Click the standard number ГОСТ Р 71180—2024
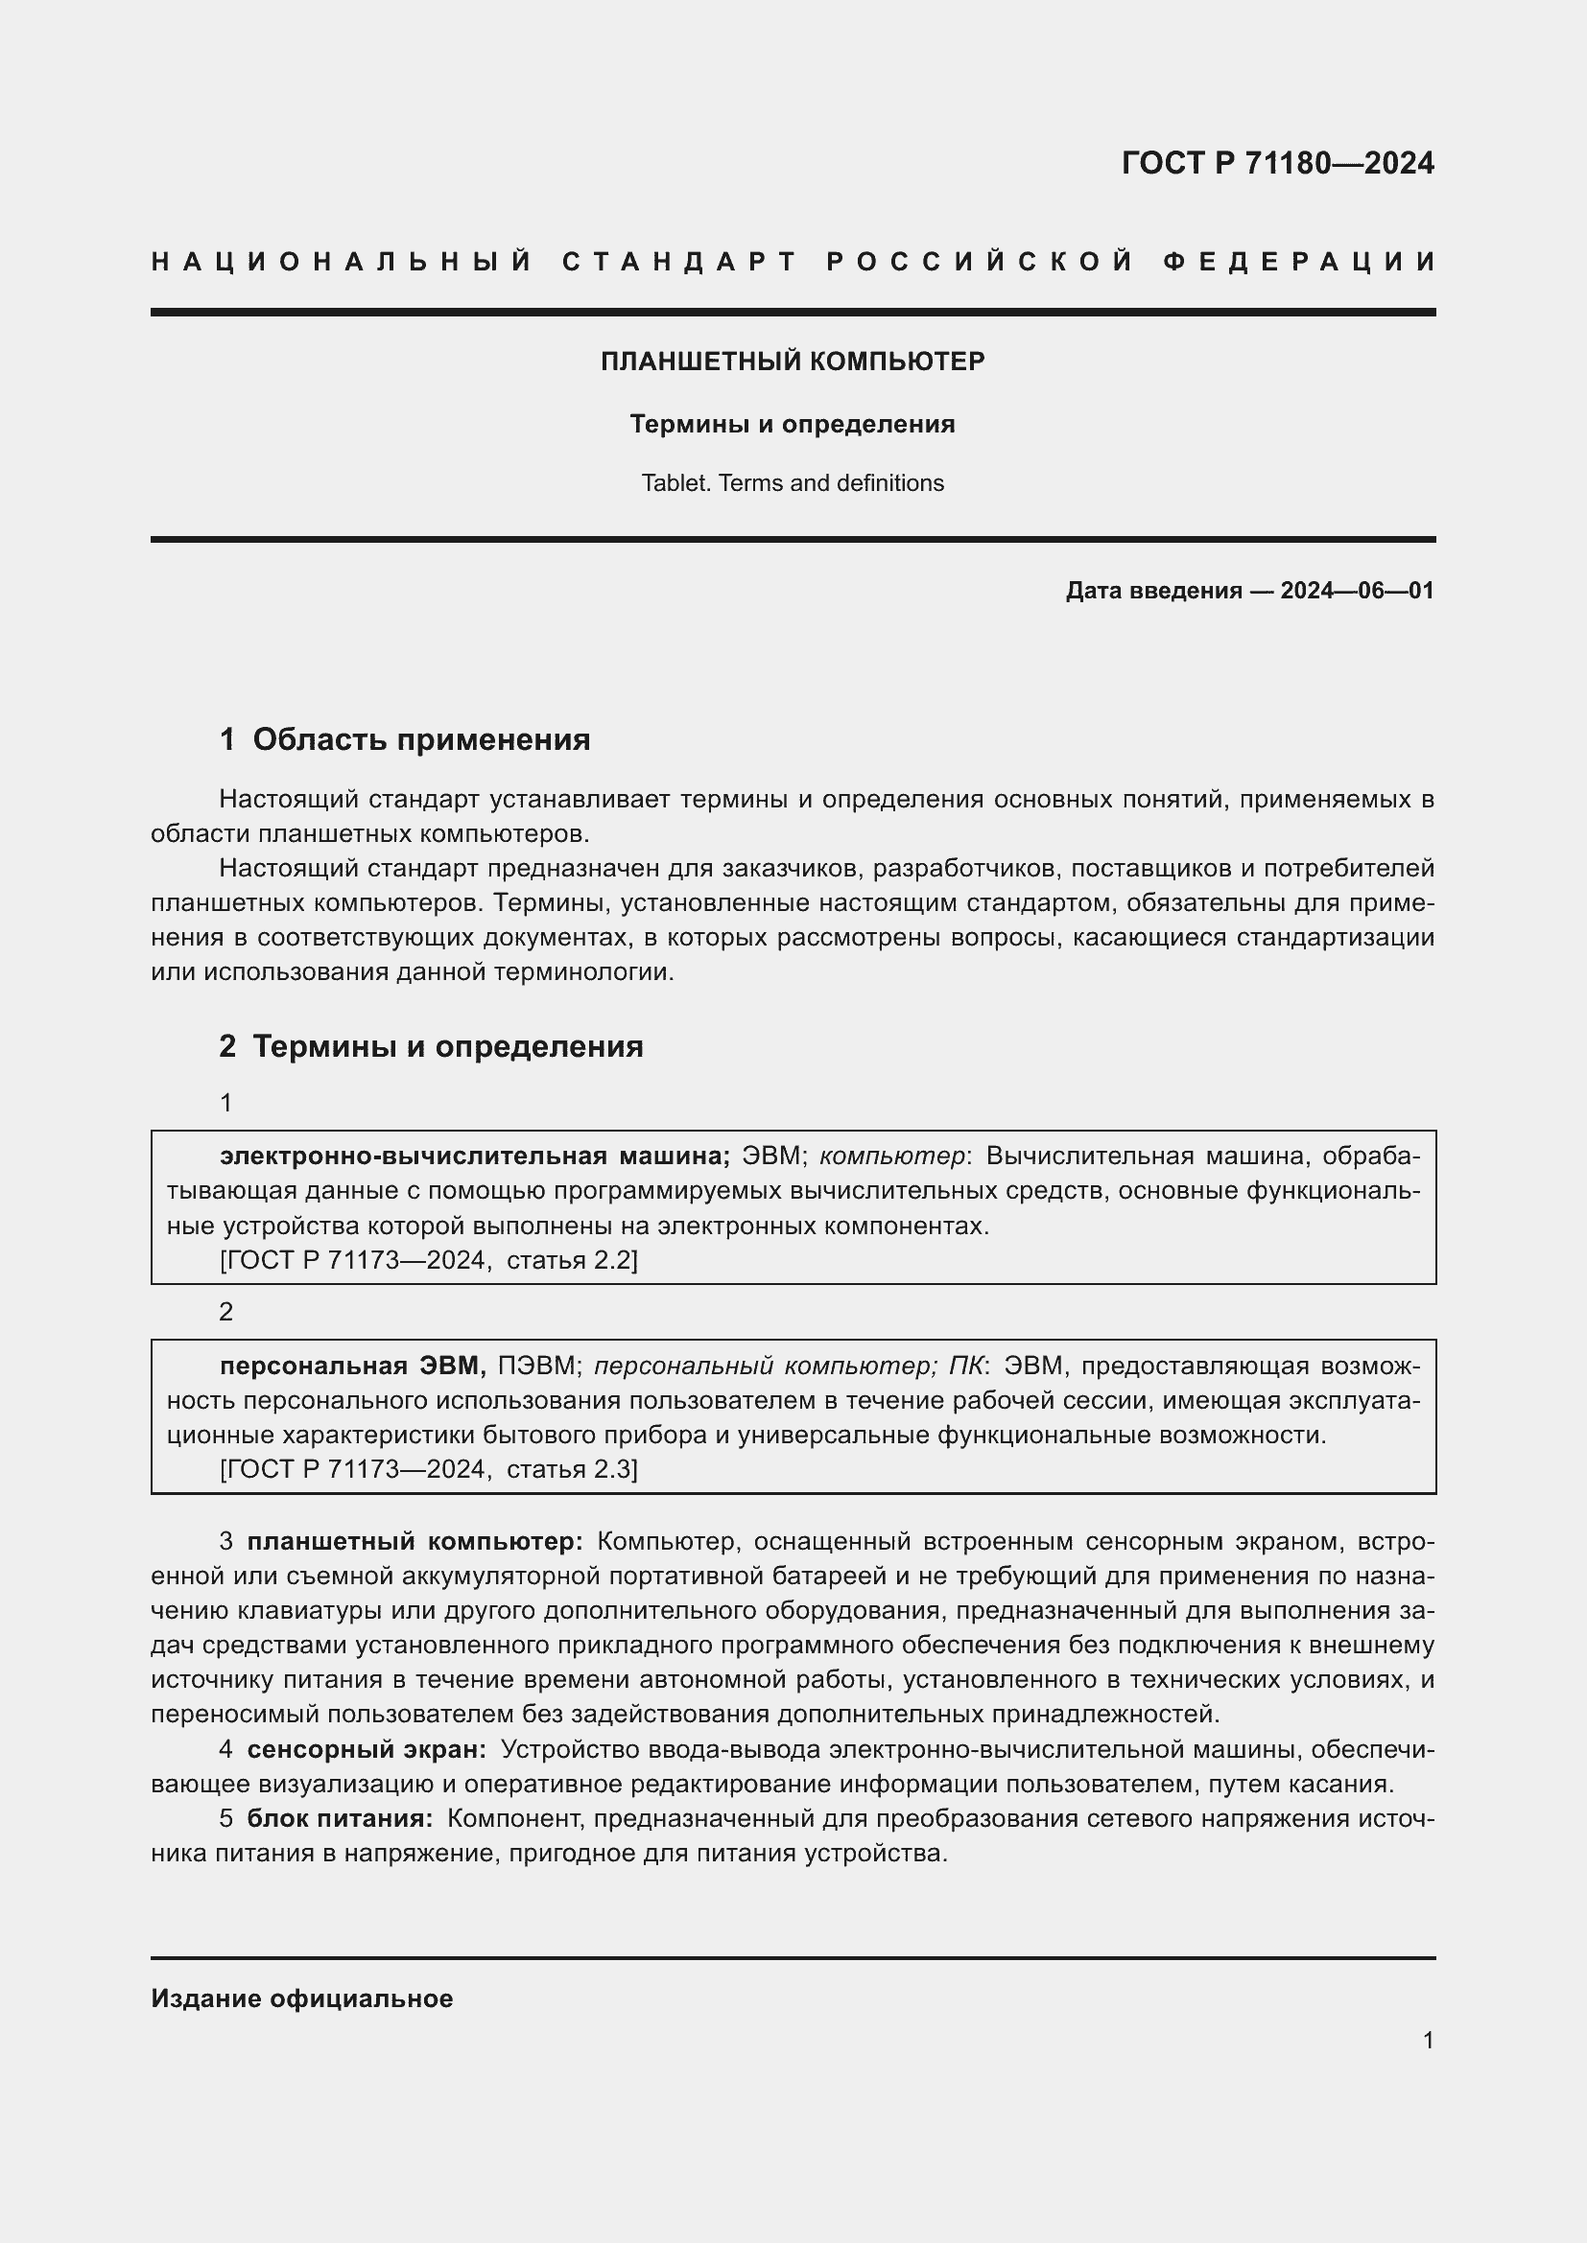[x=1277, y=163]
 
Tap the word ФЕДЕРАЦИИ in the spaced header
[x=1299, y=262]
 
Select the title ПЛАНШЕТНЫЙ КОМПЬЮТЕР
[x=793, y=362]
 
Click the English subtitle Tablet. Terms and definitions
[x=793, y=482]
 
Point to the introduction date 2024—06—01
[x=1357, y=590]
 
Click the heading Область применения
[x=421, y=739]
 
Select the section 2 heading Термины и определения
[x=447, y=1046]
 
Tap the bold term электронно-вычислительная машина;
[x=475, y=1156]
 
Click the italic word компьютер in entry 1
[x=892, y=1156]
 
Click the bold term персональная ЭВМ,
[x=353, y=1365]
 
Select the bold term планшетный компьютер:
[x=415, y=1541]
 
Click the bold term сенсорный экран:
[x=367, y=1749]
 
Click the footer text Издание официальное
[x=302, y=1998]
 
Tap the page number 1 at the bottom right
[x=1428, y=2040]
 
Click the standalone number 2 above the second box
[x=225, y=1312]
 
